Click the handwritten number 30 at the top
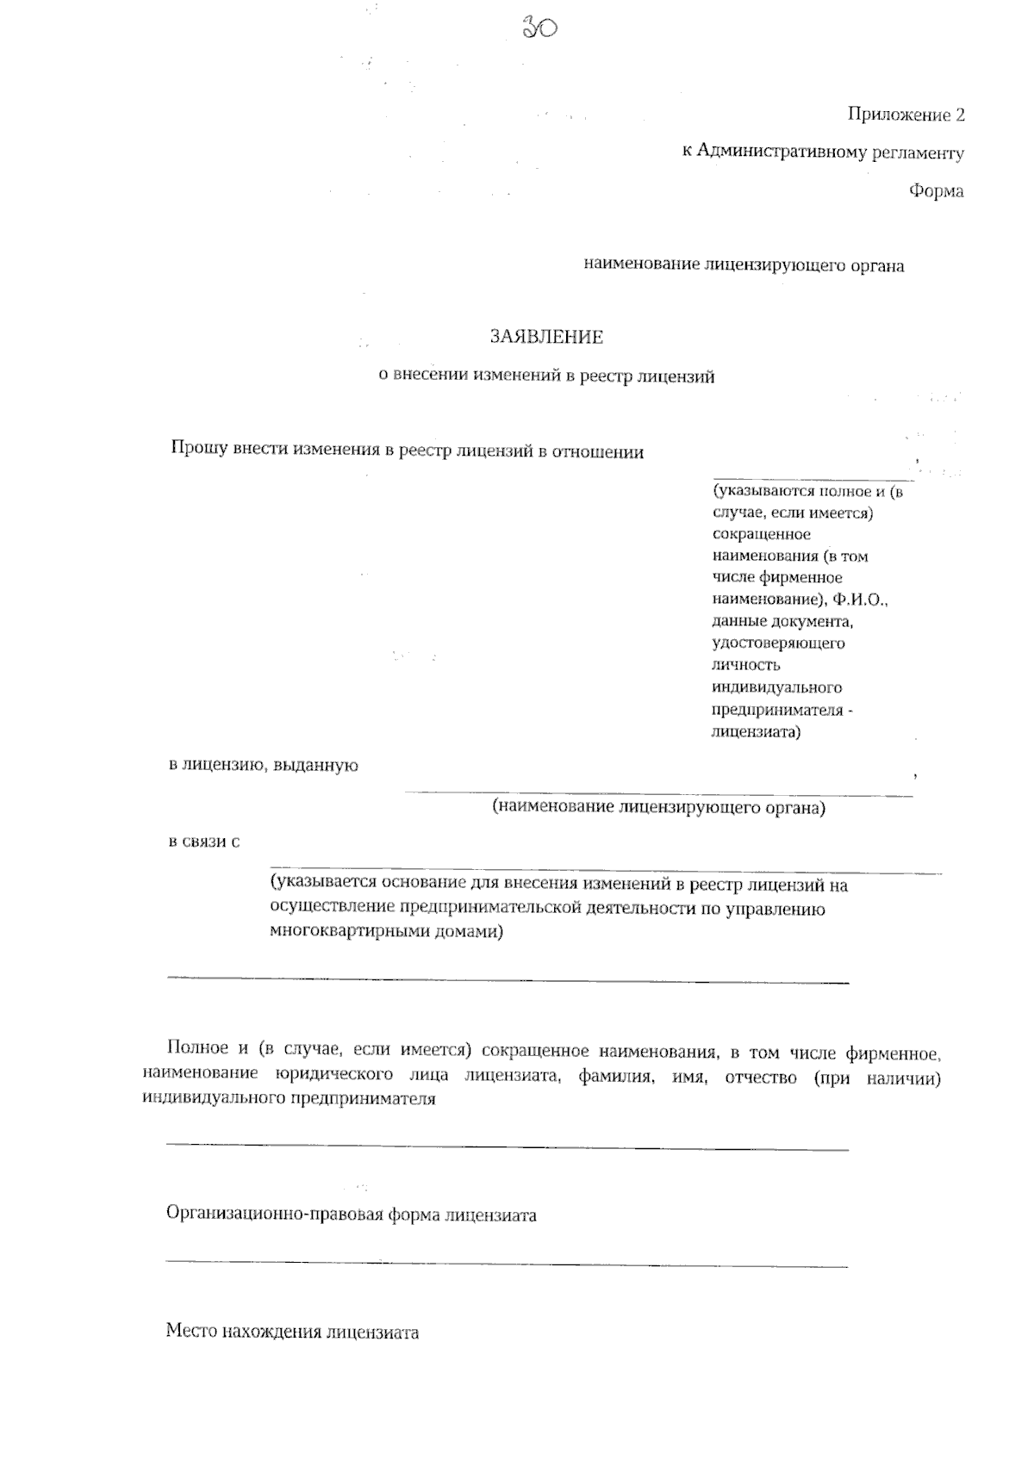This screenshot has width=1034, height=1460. click(x=540, y=28)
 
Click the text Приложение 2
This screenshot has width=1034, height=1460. click(x=906, y=115)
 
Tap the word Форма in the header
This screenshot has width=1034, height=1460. click(x=936, y=191)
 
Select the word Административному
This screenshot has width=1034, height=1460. click(x=781, y=153)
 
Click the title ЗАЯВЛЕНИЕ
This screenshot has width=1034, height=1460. click(x=546, y=337)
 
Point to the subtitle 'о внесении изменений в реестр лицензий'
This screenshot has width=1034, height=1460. click(x=547, y=376)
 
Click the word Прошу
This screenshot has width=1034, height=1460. click(x=197, y=450)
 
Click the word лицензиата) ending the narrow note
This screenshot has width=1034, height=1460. click(x=756, y=733)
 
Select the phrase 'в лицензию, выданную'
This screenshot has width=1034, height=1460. click(x=263, y=765)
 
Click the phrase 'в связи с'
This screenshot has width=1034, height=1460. click(x=203, y=842)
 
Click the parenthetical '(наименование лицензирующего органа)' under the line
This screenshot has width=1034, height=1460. click(x=658, y=808)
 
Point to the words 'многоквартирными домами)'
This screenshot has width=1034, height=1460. click(x=386, y=931)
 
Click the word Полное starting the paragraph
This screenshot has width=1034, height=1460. click(x=197, y=1049)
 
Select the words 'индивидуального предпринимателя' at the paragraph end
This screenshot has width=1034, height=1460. click(x=290, y=1098)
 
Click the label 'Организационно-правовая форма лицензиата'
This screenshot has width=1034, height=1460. click(x=351, y=1215)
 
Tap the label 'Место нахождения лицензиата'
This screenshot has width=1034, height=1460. click(x=292, y=1333)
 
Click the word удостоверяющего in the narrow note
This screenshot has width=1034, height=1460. click(x=778, y=643)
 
